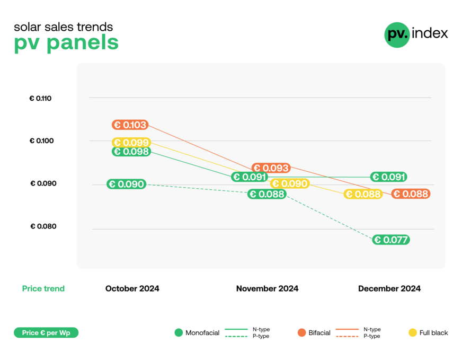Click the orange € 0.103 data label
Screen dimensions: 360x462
click(x=130, y=125)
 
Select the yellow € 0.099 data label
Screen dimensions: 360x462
click(x=131, y=143)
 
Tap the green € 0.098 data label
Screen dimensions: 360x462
click(x=131, y=152)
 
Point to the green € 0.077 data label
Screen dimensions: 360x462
click(x=391, y=240)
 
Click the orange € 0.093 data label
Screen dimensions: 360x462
click(x=271, y=168)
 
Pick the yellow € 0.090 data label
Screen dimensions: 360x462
click(x=289, y=183)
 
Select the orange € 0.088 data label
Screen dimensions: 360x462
click(x=411, y=194)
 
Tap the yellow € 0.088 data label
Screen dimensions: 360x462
click(x=363, y=195)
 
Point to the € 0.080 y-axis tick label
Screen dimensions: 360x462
click(x=43, y=226)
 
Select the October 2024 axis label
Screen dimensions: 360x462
click(x=132, y=289)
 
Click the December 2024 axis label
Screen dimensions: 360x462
click(x=389, y=289)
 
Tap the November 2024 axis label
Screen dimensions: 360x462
click(x=267, y=289)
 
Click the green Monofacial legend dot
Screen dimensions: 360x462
click(x=179, y=333)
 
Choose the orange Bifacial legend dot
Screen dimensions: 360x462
click(x=302, y=333)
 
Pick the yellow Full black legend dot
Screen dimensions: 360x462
click(x=413, y=333)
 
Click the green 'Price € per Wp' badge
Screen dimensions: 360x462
click(x=46, y=333)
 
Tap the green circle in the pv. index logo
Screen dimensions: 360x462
click(x=397, y=34)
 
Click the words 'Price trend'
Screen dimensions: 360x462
click(x=43, y=289)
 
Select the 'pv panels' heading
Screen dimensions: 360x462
click(x=66, y=43)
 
